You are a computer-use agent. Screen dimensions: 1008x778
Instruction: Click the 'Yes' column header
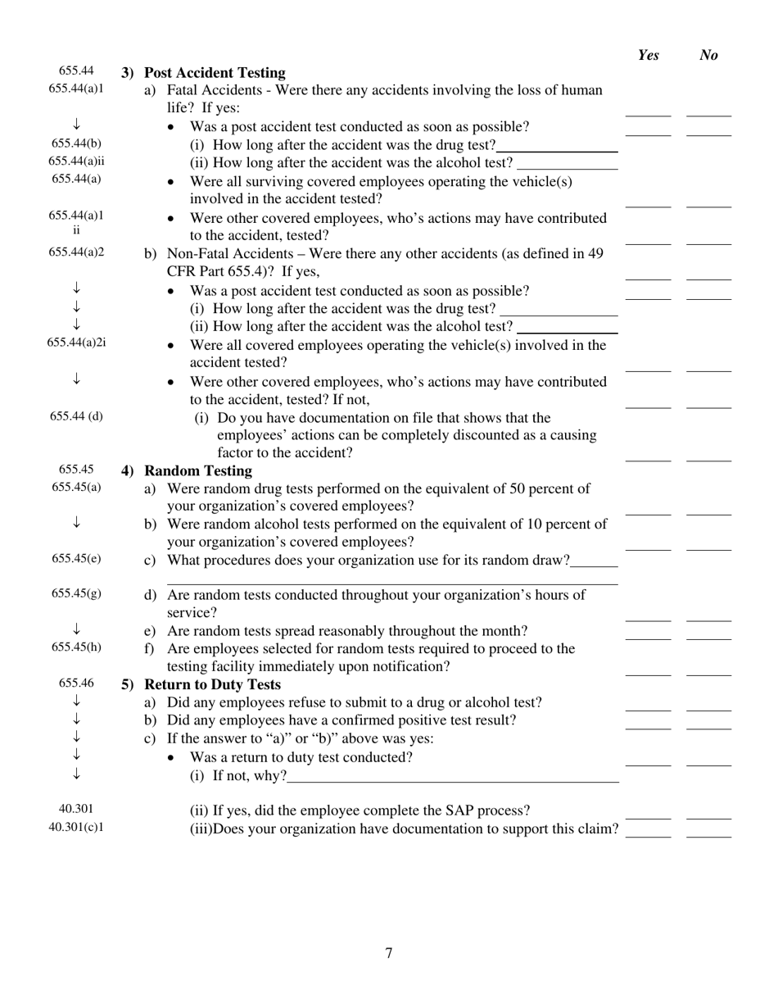coord(648,55)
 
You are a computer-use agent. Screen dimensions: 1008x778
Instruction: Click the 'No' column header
coord(708,55)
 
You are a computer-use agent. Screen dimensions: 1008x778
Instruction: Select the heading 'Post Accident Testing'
coord(215,73)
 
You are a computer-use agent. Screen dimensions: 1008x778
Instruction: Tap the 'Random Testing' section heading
coord(198,471)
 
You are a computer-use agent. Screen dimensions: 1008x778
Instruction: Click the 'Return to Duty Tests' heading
coord(212,685)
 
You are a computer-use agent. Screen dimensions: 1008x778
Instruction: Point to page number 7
coord(389,953)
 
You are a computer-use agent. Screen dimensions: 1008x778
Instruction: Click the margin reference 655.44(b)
coord(76,143)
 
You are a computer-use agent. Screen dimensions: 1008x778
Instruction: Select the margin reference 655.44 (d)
coord(76,416)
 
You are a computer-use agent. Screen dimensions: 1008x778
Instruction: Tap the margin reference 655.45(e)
coord(76,559)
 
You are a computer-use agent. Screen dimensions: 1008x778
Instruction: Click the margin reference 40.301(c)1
coord(76,827)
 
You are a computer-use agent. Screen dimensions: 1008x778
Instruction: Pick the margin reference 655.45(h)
coord(76,647)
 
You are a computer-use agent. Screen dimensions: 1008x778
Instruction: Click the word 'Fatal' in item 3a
coord(183,90)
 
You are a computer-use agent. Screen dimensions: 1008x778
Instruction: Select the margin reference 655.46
coord(76,683)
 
